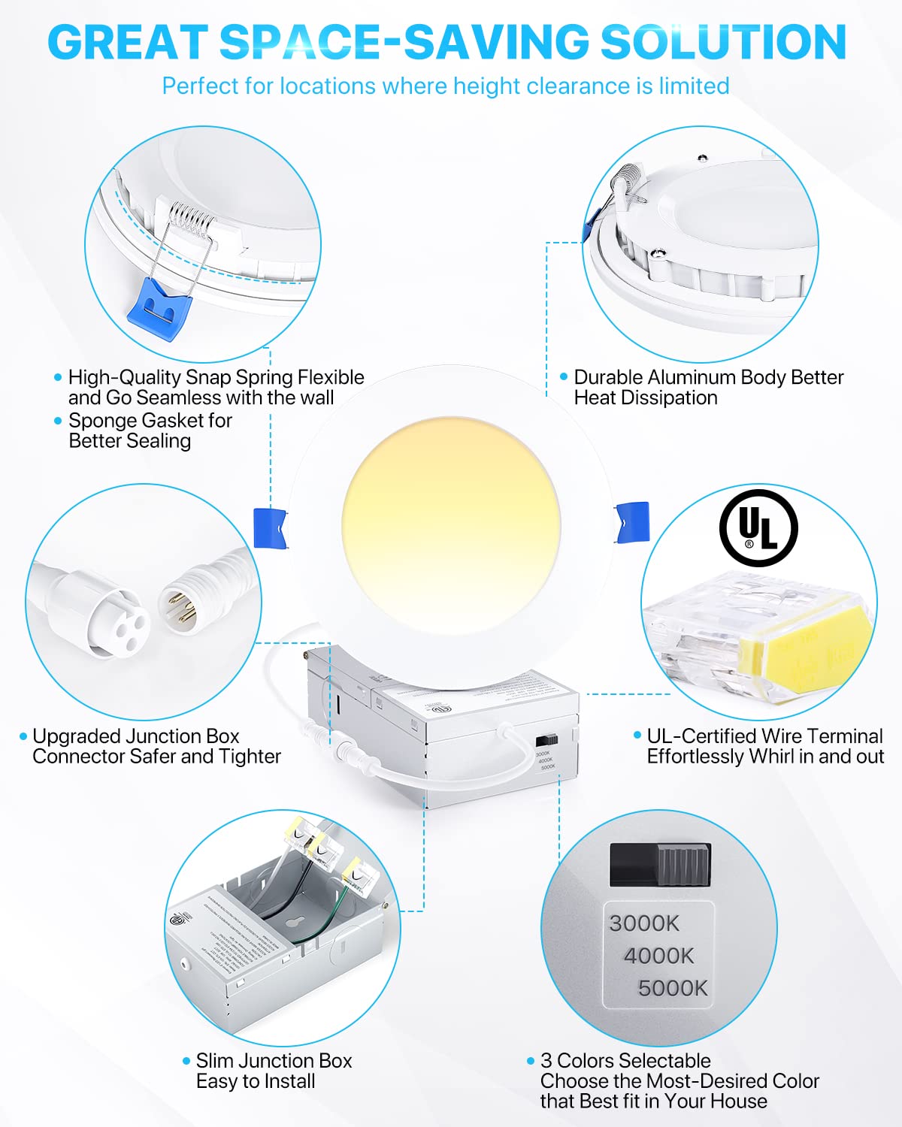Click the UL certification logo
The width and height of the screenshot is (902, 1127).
tap(758, 527)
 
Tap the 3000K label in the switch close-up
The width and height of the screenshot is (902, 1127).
tap(643, 923)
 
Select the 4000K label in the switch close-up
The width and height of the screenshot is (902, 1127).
tap(658, 956)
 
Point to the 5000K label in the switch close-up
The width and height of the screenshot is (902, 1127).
tap(673, 988)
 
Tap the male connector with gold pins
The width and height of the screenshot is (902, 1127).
tap(183, 602)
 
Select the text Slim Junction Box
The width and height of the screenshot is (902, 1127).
tap(274, 1060)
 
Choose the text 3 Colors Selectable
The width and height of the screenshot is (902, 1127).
tap(625, 1060)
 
